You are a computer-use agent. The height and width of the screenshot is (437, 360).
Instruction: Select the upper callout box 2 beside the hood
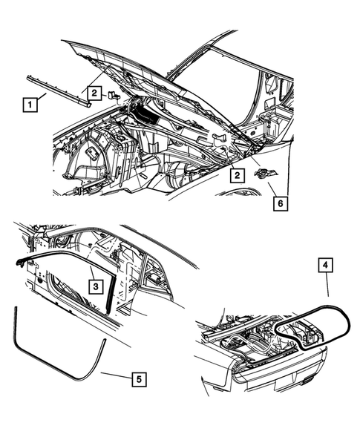(x=94, y=92)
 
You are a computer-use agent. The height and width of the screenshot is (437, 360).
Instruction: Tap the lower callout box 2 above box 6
(x=235, y=176)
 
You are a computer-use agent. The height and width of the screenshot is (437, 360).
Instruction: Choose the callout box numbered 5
(x=137, y=379)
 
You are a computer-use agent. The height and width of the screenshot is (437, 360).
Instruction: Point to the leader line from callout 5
(x=115, y=375)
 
